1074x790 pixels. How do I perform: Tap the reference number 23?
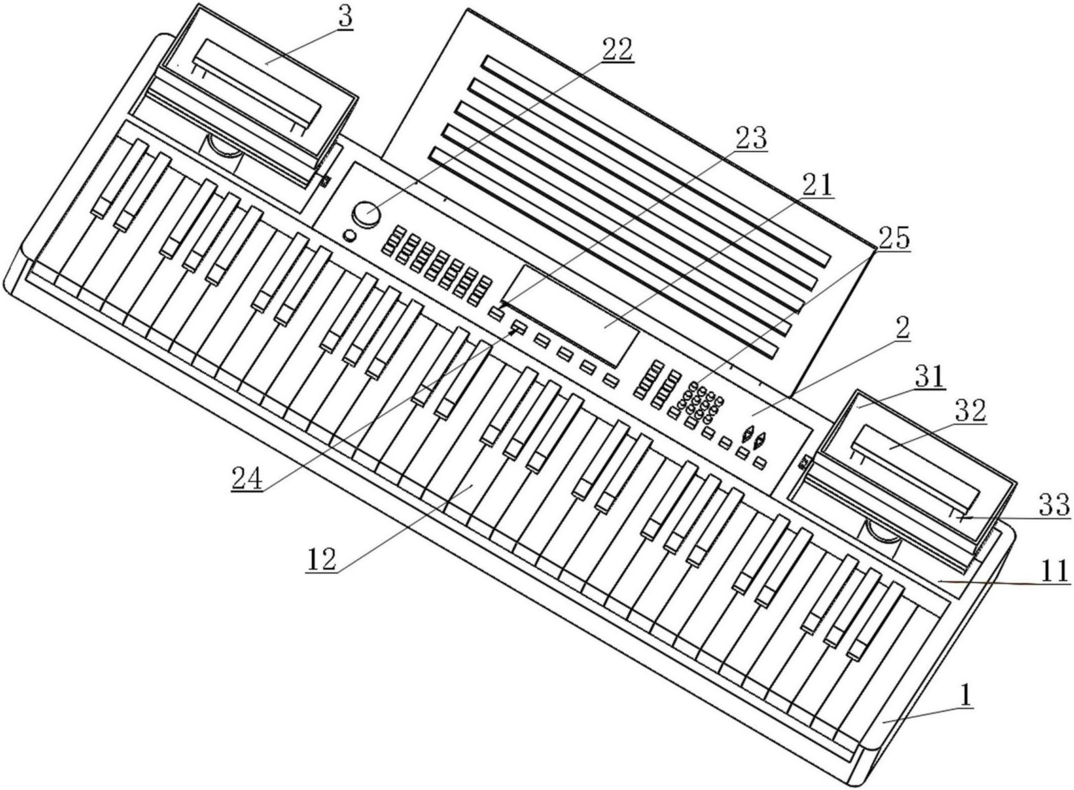pos(751,138)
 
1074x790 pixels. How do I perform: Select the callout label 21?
pos(817,186)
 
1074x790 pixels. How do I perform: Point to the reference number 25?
pos(893,238)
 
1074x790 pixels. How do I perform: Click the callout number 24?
pos(248,478)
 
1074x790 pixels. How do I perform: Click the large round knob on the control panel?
pos(367,214)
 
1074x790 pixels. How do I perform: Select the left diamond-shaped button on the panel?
pos(747,437)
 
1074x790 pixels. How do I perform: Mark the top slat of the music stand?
pos(655,160)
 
